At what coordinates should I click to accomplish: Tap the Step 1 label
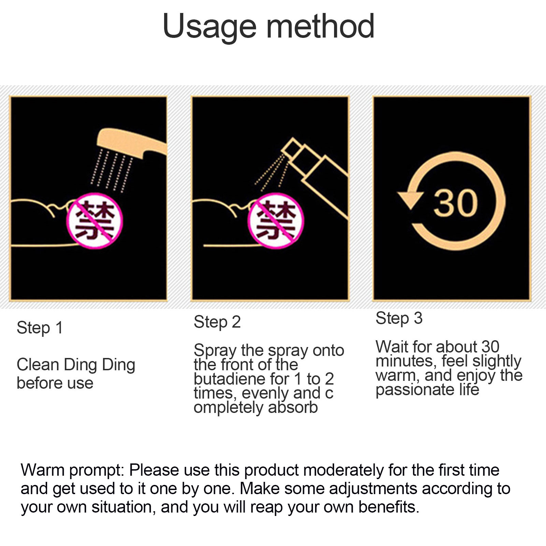(x=40, y=328)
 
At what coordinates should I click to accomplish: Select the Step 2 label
(x=217, y=322)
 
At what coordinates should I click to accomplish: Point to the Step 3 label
(x=399, y=318)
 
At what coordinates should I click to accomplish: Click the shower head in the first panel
(x=131, y=143)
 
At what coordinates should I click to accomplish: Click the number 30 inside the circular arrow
(x=456, y=203)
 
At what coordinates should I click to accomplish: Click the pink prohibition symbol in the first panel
(x=94, y=220)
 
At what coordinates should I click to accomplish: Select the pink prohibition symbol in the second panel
(x=275, y=220)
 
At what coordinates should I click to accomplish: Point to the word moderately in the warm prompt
(x=343, y=471)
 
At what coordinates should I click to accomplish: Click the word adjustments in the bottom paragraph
(x=373, y=489)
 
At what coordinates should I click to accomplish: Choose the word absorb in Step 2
(x=293, y=407)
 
